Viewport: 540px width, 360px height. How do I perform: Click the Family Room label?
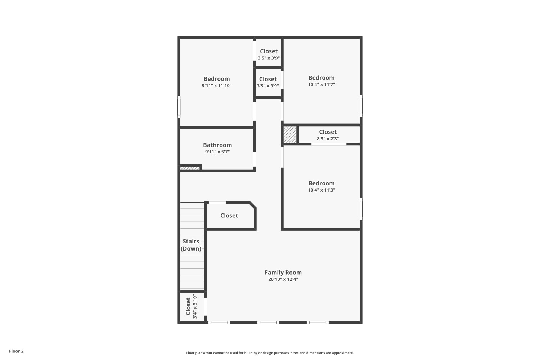(x=283, y=273)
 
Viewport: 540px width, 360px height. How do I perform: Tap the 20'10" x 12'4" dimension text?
(x=283, y=279)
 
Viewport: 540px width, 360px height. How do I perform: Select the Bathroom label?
(x=217, y=145)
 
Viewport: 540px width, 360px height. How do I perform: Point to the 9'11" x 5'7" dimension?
(x=217, y=152)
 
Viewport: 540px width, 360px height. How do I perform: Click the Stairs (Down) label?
(x=191, y=245)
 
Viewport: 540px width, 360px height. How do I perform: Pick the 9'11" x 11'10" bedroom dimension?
(x=216, y=85)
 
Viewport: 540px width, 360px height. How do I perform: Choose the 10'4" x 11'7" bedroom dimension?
(x=321, y=84)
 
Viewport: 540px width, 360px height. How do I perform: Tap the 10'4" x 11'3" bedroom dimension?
(x=321, y=190)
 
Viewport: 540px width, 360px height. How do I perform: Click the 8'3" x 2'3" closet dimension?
(x=328, y=139)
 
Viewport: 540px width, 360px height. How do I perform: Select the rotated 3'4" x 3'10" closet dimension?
(x=195, y=306)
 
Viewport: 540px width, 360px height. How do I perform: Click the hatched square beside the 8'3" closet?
(x=290, y=135)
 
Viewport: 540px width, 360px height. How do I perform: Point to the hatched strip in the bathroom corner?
(x=190, y=168)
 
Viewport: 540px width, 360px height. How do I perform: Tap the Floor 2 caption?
(x=17, y=351)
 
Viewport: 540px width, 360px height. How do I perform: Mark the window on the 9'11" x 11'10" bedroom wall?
(x=179, y=107)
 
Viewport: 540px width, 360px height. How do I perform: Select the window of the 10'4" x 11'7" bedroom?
(x=361, y=106)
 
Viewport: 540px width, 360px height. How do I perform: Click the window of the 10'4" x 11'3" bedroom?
(x=361, y=209)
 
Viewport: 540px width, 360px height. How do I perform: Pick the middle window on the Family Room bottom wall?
(x=268, y=323)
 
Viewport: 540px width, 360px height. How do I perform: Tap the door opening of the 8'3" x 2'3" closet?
(x=329, y=144)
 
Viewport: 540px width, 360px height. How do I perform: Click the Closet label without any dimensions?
(x=229, y=216)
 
